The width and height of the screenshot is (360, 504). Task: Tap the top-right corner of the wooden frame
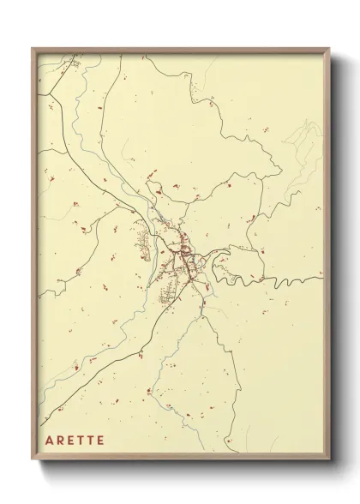click(330, 49)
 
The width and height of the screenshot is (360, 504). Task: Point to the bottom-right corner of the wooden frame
click(330, 459)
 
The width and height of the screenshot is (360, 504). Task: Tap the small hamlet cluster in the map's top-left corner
click(75, 63)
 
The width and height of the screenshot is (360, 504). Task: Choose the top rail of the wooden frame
click(181, 51)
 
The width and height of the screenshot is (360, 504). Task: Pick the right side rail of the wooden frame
click(327, 257)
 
